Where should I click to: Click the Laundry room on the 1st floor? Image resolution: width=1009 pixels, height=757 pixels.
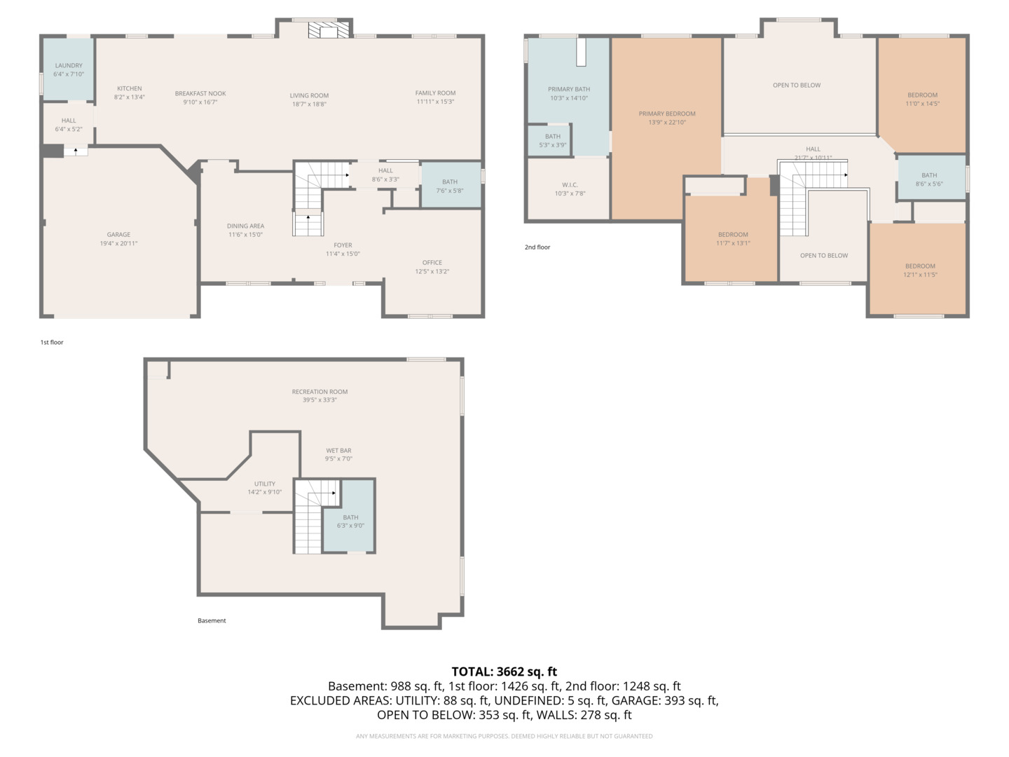pyautogui.click(x=68, y=69)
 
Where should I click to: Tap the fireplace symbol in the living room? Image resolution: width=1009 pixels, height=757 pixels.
pyautogui.click(x=329, y=30)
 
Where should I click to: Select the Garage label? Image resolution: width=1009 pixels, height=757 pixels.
pyautogui.click(x=118, y=235)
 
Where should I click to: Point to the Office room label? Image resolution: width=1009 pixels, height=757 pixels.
pyautogui.click(x=432, y=263)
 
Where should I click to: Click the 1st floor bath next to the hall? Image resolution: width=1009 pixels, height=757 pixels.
pyautogui.click(x=450, y=186)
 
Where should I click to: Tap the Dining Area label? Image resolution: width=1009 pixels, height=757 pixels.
pyautogui.click(x=245, y=226)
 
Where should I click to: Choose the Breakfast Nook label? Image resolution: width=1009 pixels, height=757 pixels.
pyautogui.click(x=200, y=93)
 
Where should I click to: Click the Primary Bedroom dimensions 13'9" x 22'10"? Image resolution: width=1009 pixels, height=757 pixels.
pyautogui.click(x=666, y=123)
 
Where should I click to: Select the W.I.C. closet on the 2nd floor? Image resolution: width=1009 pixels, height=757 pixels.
pyautogui.click(x=569, y=189)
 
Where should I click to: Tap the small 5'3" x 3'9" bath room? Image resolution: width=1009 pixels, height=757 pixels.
pyautogui.click(x=552, y=140)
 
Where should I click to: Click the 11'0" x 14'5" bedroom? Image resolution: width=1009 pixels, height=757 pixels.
pyautogui.click(x=922, y=99)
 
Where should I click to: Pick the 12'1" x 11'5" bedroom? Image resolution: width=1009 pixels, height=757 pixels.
pyautogui.click(x=919, y=270)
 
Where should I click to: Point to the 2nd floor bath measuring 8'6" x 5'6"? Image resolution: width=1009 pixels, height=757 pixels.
pyautogui.click(x=929, y=179)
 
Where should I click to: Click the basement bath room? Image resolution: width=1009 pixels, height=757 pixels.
pyautogui.click(x=350, y=521)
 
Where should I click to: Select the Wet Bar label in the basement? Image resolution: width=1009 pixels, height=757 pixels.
pyautogui.click(x=338, y=451)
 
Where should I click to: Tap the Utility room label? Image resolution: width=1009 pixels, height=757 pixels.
pyautogui.click(x=265, y=484)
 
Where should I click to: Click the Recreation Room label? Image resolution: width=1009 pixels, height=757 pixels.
pyautogui.click(x=320, y=392)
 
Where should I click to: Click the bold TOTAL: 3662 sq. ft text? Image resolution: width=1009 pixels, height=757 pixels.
pyautogui.click(x=504, y=671)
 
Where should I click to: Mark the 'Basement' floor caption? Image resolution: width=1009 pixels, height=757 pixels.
pyautogui.click(x=212, y=620)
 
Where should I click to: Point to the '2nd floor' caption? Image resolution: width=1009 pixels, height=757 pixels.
pyautogui.click(x=537, y=247)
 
